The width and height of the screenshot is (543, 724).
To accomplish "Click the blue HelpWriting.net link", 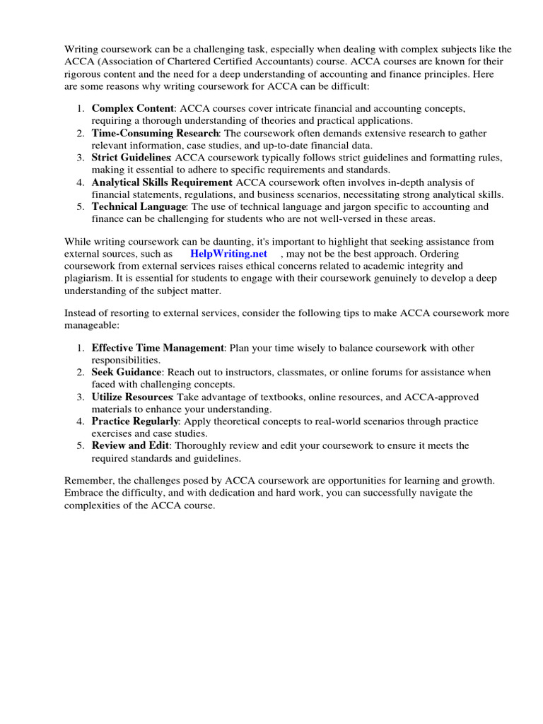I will tap(228, 254).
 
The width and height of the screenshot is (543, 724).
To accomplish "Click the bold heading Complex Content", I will tap(132, 109).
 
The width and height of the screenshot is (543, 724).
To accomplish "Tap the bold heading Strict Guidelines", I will tap(132, 158).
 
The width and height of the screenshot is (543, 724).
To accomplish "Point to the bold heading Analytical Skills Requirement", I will tap(162, 182).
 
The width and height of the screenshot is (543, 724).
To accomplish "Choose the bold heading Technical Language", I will tap(139, 206).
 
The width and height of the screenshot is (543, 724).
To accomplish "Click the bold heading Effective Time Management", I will tap(158, 348).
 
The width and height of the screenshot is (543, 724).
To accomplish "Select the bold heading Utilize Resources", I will tap(132, 397).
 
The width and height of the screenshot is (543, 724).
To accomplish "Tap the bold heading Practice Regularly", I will tap(134, 421).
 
